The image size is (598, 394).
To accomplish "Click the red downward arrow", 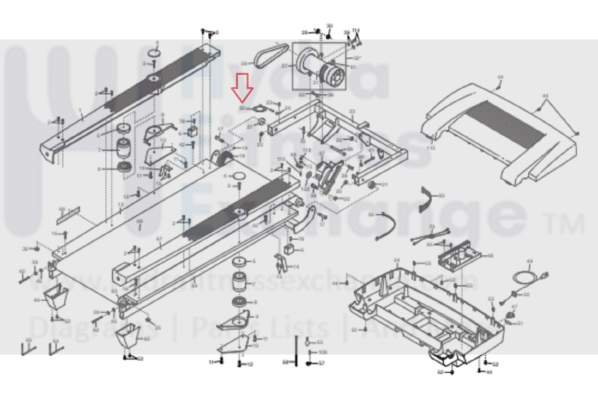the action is pos(242,88).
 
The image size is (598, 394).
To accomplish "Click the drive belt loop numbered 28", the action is pos(270,55).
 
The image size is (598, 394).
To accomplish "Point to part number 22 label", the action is pos(242,108).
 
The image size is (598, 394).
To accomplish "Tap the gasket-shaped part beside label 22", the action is pos(259,108).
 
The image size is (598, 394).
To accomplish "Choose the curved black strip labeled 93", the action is pos(426,199).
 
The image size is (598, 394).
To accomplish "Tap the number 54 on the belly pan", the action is pos(397,260).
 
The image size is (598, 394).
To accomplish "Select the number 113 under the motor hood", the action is pos(430,148).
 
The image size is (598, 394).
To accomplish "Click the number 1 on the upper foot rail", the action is pos(80,111).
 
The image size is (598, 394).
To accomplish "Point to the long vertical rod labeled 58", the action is pos(296,351).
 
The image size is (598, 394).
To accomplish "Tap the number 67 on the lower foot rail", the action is pos(159,239).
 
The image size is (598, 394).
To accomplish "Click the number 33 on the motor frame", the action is pos(352,112).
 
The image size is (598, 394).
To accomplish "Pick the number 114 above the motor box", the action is pos(356,30).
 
